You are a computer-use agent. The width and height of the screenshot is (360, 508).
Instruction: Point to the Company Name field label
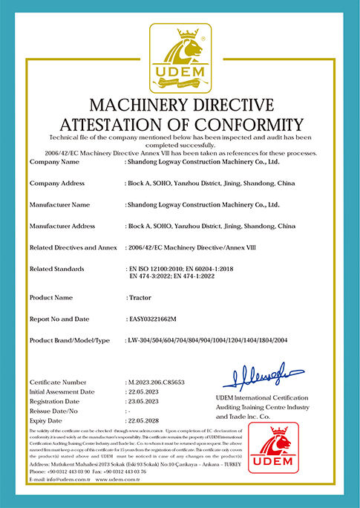(x=54, y=160)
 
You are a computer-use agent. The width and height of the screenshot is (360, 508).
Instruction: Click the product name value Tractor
(x=141, y=296)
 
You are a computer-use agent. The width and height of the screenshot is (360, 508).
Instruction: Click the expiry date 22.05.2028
(x=144, y=420)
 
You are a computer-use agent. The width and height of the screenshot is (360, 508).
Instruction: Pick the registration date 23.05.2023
(x=144, y=400)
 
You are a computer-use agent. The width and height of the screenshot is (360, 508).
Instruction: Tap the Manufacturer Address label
(x=62, y=225)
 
